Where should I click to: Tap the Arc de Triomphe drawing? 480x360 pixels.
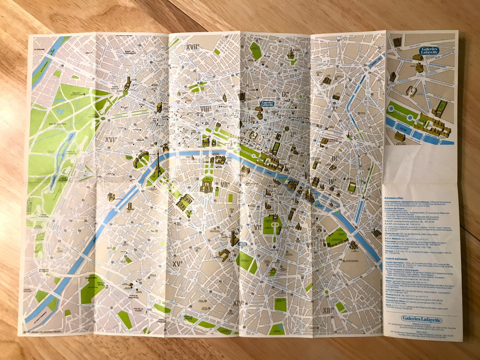158,109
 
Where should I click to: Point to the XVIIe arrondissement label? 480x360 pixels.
193,47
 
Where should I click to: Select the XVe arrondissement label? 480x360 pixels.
177,264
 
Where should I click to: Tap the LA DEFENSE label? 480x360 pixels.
39,49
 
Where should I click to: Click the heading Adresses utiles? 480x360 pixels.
394,198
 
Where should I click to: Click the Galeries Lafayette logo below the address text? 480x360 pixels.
421,320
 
